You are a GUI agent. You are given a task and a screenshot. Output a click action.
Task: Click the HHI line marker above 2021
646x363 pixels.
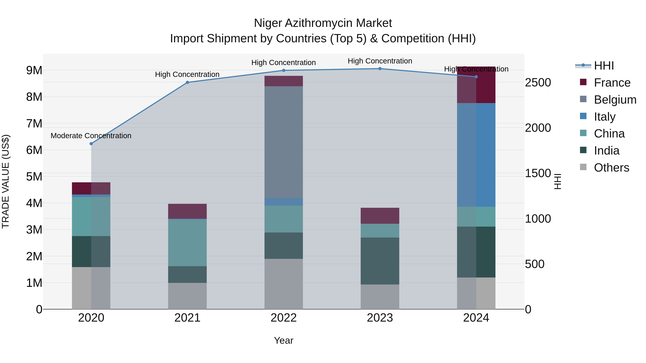(187, 82)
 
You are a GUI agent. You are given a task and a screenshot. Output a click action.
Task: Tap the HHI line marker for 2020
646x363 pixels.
(91, 144)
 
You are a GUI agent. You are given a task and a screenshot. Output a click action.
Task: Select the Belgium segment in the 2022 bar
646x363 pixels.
(284, 142)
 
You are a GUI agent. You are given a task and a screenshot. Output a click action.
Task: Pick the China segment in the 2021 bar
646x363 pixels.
(187, 243)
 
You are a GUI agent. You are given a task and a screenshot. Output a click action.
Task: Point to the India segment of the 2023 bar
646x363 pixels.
(380, 261)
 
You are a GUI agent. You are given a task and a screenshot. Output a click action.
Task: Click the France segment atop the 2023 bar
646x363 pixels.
(380, 216)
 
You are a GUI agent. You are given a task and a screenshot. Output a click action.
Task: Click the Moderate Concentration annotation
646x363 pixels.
(91, 136)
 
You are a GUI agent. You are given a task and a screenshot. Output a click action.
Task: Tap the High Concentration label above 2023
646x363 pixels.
(380, 61)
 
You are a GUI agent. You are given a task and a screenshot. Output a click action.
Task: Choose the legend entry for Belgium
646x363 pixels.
(615, 100)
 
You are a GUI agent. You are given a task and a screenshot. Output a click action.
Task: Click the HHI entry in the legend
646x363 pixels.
(604, 66)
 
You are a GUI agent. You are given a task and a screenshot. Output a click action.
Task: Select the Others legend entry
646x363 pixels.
(611, 168)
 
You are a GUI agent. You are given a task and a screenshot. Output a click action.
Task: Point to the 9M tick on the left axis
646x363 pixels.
(34, 70)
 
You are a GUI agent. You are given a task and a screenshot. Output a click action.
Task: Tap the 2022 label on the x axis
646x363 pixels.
(284, 318)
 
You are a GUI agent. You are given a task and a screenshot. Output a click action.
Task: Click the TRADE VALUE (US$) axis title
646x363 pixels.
(6, 181)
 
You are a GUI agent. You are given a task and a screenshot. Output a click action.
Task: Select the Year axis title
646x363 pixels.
(284, 340)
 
